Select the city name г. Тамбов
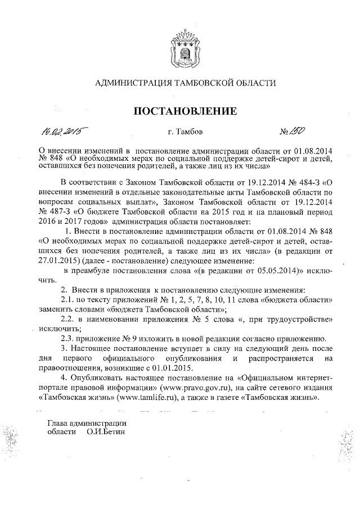click(182, 133)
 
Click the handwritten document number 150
click(298, 132)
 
